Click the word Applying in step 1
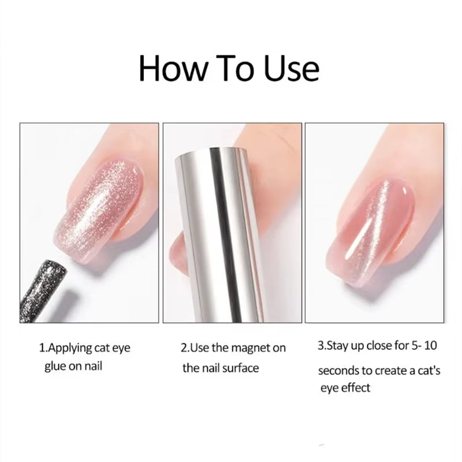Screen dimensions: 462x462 click(70, 349)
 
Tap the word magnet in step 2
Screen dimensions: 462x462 click(251, 348)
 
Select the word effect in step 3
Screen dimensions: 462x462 click(353, 388)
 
